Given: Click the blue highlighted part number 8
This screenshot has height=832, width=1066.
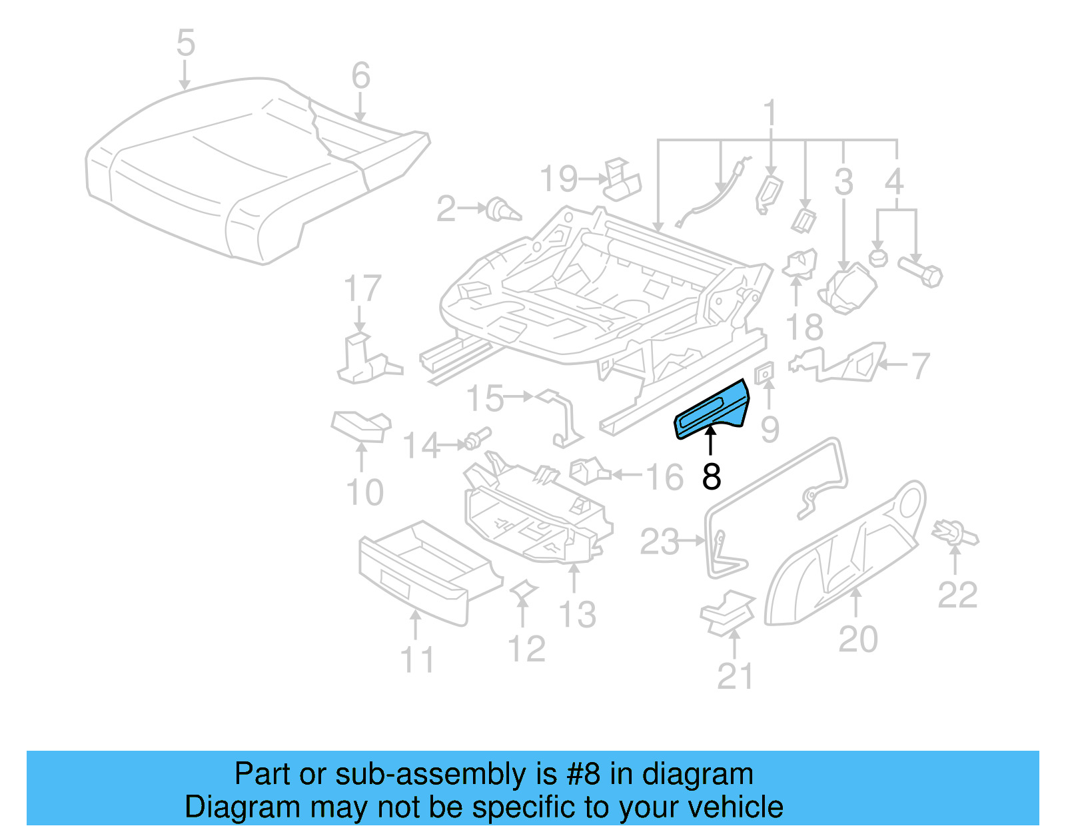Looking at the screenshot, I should pyautogui.click(x=712, y=409).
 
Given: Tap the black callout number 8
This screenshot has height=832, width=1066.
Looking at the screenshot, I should pyautogui.click(x=712, y=477).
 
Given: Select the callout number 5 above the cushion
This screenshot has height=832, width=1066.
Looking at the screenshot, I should pyautogui.click(x=186, y=43).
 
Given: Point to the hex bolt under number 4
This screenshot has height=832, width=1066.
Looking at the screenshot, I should pyautogui.click(x=921, y=272).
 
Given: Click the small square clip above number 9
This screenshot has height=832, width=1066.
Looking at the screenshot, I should pyautogui.click(x=765, y=374).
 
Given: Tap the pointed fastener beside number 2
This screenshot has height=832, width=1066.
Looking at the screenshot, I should pyautogui.click(x=503, y=210).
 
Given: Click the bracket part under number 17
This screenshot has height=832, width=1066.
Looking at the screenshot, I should pyautogui.click(x=363, y=360).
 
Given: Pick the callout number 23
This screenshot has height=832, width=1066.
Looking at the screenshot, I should pyautogui.click(x=659, y=542).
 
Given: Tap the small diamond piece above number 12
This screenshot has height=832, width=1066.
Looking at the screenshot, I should pyautogui.click(x=523, y=589).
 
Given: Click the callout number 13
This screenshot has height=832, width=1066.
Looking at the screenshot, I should pyautogui.click(x=577, y=614).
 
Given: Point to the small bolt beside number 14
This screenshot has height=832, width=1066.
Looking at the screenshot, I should pyautogui.click(x=478, y=438).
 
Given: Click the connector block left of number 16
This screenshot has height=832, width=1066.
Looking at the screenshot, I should pyautogui.click(x=588, y=472).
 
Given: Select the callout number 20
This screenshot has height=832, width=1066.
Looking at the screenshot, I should pyautogui.click(x=858, y=639).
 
